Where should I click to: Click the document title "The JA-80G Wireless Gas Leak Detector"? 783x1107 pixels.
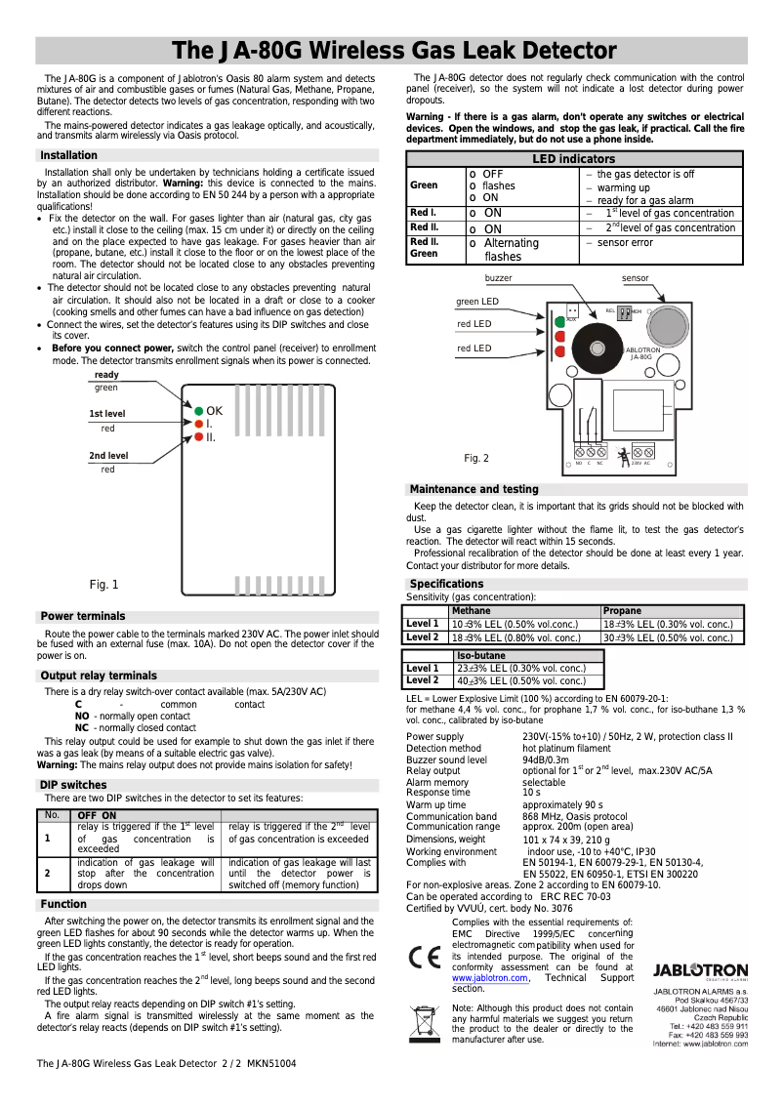(x=394, y=51)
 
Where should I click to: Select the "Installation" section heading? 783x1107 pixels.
(x=68, y=155)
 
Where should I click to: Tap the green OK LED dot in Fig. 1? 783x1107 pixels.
(x=198, y=411)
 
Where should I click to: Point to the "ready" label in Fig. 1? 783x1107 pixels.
(x=106, y=375)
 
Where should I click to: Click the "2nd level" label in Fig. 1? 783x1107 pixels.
(x=108, y=456)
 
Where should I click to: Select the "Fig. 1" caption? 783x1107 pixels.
(x=103, y=585)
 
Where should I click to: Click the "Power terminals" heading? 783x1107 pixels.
(x=82, y=616)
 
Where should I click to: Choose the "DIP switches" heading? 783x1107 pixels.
(x=73, y=785)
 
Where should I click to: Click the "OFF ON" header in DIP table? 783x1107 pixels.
(x=97, y=816)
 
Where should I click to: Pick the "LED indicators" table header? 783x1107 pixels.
(x=573, y=158)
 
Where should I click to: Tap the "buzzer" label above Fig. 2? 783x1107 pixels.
(x=498, y=278)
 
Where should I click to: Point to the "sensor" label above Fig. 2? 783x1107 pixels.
(x=635, y=278)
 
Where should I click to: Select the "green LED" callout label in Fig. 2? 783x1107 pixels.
(x=477, y=302)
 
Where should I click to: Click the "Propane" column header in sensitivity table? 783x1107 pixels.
(x=623, y=610)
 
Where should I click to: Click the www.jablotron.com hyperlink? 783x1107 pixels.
(x=489, y=977)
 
